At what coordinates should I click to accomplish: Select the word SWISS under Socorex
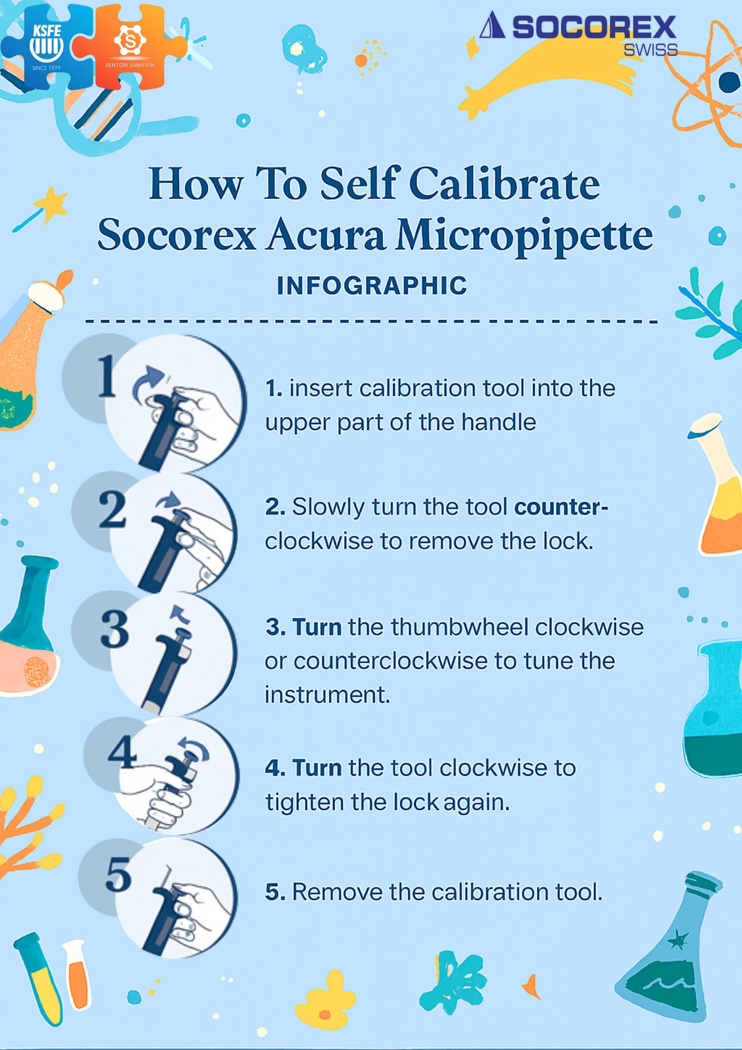pos(650,50)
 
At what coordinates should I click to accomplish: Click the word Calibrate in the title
pos(504,184)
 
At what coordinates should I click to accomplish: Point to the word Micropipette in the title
pos(524,237)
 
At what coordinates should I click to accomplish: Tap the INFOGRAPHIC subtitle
pos(372,286)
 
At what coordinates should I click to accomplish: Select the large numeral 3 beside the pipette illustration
pos(114,628)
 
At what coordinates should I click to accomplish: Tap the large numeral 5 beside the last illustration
pos(118,874)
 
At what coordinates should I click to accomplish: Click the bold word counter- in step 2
pos(561,507)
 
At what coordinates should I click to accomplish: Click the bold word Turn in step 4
pos(317,768)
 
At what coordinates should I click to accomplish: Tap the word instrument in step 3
pos(327,695)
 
